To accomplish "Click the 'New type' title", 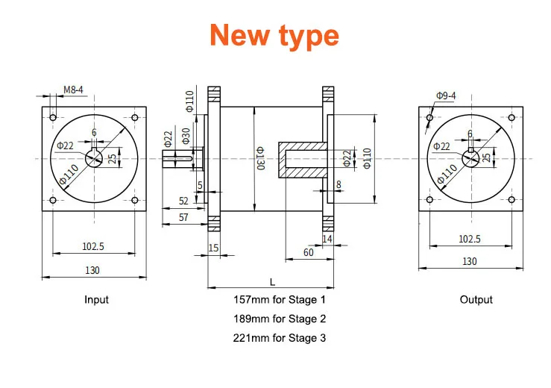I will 274,35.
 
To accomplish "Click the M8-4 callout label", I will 73,90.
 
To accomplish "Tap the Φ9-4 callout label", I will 448,96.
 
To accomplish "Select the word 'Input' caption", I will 96,300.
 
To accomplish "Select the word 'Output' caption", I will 476,300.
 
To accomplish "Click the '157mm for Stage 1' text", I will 280,300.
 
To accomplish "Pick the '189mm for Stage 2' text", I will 280,319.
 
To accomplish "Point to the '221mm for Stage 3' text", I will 280,338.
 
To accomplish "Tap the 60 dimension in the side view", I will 307,252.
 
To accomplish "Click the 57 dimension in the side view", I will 183,217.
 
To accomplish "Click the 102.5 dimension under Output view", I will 470,239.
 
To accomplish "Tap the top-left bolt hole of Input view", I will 52,117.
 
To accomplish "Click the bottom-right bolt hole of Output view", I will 511,200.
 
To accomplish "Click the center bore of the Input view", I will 93,158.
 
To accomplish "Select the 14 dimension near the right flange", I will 327,238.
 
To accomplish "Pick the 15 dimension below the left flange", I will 213,248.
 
